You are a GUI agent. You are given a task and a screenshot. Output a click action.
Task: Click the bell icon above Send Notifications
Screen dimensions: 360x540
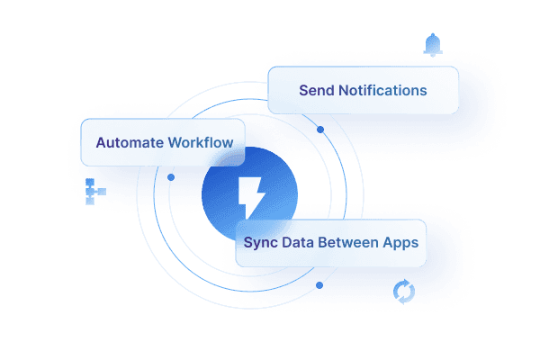point(433,44)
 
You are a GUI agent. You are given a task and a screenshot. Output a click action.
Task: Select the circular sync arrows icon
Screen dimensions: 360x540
point(405,292)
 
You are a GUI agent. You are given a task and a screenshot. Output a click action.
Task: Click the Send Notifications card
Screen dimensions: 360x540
point(363,90)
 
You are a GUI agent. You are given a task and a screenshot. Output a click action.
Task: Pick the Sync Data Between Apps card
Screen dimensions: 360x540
point(330,243)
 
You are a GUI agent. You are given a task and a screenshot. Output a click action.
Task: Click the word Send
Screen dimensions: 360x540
point(316,91)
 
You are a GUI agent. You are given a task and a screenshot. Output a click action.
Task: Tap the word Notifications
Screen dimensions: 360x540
point(382,91)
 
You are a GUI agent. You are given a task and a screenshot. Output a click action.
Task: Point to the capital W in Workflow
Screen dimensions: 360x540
point(173,142)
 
